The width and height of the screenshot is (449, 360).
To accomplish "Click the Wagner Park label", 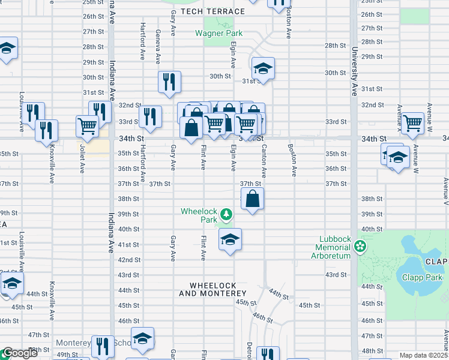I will pyautogui.click(x=218, y=33).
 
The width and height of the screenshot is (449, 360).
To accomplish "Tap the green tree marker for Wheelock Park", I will pyautogui.click(x=226, y=214).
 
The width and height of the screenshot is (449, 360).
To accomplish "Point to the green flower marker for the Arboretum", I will pyautogui.click(x=360, y=247).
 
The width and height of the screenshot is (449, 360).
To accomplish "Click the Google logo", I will pyautogui.click(x=20, y=353).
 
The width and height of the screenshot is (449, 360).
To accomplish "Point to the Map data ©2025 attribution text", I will pyautogui.click(x=423, y=355).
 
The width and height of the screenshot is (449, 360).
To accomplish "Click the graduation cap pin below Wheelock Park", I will pyautogui.click(x=230, y=240).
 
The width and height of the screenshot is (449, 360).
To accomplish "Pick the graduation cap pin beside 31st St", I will pyautogui.click(x=263, y=68).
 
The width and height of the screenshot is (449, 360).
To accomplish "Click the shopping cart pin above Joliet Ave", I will pyautogui.click(x=87, y=125).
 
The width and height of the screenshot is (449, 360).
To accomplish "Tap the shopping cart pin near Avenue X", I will pyautogui.click(x=413, y=123).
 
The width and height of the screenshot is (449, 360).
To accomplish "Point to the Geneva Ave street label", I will pyautogui.click(x=158, y=47).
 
